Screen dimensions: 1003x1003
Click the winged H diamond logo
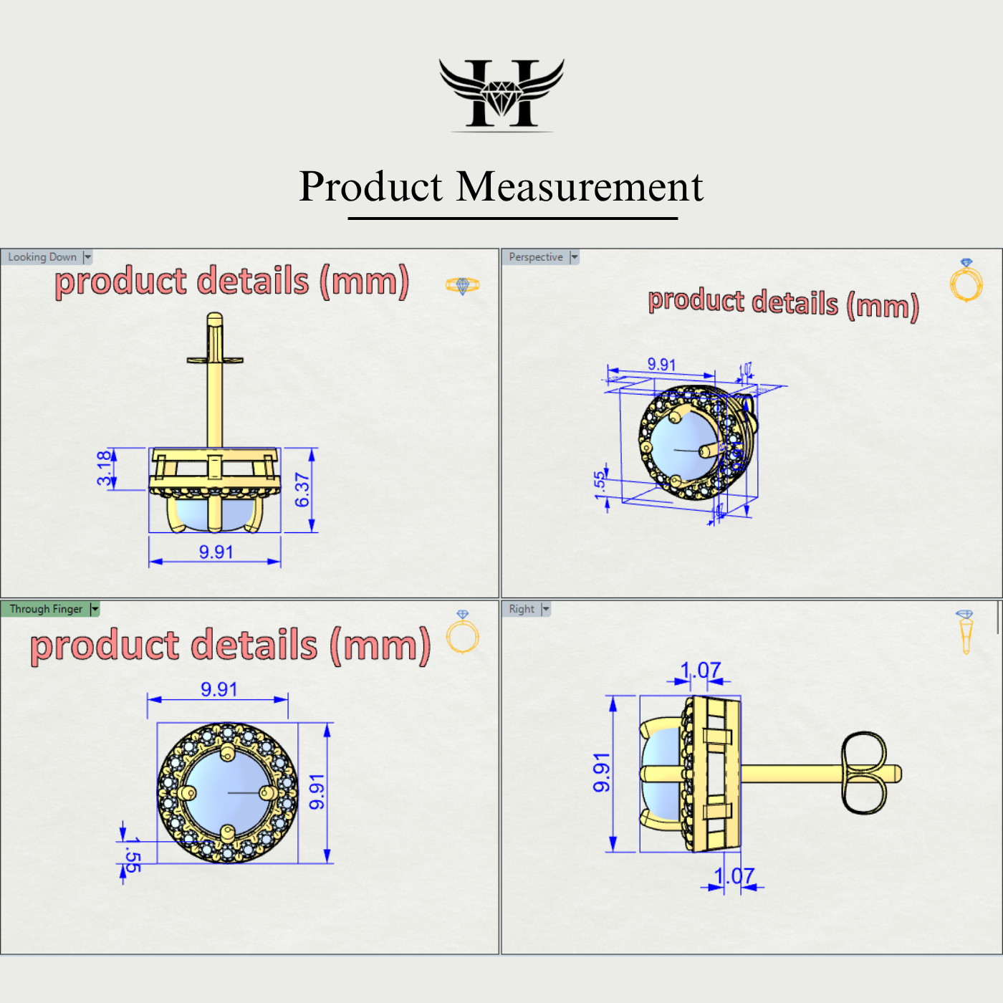click(x=501, y=94)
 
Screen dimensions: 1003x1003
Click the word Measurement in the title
click(x=580, y=187)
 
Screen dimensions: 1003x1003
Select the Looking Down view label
click(x=42, y=257)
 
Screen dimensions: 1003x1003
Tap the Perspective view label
click(x=536, y=257)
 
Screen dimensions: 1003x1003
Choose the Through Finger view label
click(x=46, y=609)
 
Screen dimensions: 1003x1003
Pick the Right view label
click(x=522, y=609)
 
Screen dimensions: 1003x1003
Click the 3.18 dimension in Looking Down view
click(x=105, y=468)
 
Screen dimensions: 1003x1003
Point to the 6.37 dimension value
click(x=302, y=490)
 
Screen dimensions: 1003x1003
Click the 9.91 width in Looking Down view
click(x=216, y=552)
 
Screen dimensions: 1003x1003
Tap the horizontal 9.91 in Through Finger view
click(x=219, y=689)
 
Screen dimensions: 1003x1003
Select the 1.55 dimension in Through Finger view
click(x=132, y=854)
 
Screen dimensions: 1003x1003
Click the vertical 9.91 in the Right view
click(x=602, y=772)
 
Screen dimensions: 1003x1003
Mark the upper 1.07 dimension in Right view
click(x=701, y=671)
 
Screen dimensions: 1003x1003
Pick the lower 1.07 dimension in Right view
click(x=734, y=875)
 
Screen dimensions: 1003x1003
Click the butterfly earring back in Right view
click(x=864, y=773)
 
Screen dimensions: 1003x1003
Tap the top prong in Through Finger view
click(x=227, y=752)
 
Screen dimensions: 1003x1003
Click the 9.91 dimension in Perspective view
click(x=661, y=364)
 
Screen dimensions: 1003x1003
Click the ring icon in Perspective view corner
click(x=966, y=281)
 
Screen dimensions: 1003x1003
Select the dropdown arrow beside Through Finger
click(x=95, y=609)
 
